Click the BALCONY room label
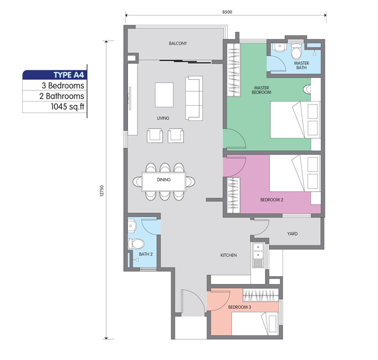coord(178,43)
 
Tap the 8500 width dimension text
coord(227,12)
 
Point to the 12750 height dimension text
coord(102,190)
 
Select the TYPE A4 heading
coord(69,75)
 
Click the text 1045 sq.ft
coord(68,106)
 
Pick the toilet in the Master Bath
coord(296,51)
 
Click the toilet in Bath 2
coord(136,244)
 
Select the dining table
coord(163,182)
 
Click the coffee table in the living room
coord(164,94)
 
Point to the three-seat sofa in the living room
coord(194,98)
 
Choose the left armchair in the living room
coord(155,136)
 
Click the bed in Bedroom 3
coord(255,324)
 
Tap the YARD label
coord(292,234)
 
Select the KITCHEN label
coord(229,255)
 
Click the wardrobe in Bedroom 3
coord(261,295)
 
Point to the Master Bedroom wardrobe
coord(233,70)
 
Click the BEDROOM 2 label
coord(272,200)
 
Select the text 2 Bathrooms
coord(62,96)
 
